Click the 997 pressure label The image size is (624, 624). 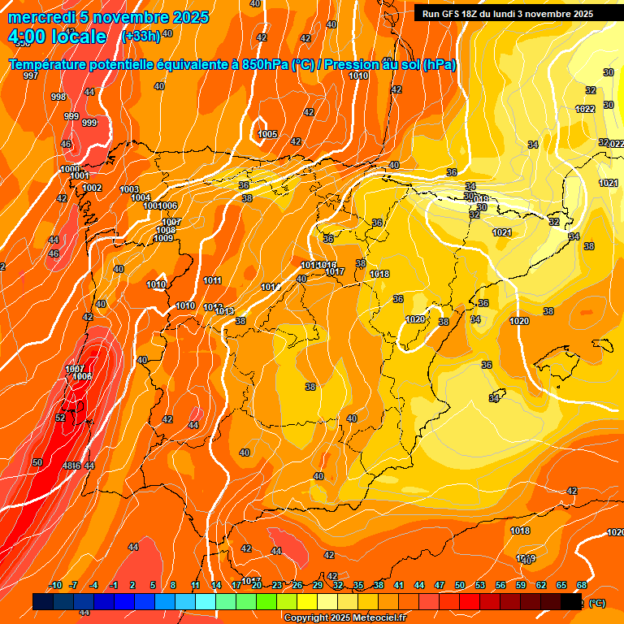pos(31,76)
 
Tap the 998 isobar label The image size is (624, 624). pos(58,97)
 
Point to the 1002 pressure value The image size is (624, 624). pos(92,188)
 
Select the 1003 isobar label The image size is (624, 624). pos(129,189)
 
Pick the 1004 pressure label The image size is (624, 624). pos(141,197)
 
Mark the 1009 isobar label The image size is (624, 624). pos(163,238)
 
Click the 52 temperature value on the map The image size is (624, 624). pos(60,418)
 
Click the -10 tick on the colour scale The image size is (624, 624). pos(56,585)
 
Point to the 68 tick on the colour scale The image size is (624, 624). pos(582,585)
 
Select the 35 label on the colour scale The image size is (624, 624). pos(358,585)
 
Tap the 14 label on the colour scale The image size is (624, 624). pos(216,585)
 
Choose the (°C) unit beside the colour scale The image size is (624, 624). pos(596,603)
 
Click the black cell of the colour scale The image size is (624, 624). pos(572,601)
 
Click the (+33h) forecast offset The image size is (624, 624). pos(141,36)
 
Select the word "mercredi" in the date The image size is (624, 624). pos(41,17)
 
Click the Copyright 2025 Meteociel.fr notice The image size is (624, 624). pos(344,617)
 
